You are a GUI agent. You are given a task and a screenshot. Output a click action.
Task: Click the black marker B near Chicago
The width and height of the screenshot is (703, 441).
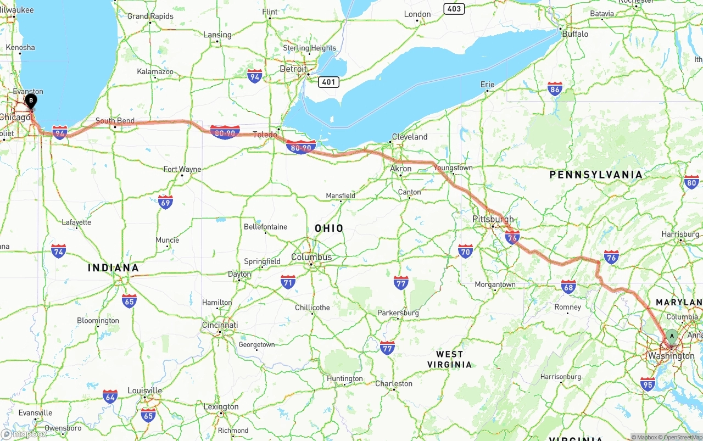(31, 101)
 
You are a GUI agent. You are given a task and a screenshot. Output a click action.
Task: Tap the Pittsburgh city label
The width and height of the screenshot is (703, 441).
(493, 219)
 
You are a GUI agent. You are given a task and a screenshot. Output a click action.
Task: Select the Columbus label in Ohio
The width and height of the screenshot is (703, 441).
(311, 257)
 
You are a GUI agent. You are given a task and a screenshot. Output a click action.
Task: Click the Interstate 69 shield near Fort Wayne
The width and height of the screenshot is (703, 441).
(165, 202)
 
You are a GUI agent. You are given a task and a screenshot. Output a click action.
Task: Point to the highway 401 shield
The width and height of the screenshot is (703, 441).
(328, 82)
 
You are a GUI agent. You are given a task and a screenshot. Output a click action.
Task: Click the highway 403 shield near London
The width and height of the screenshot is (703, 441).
(454, 9)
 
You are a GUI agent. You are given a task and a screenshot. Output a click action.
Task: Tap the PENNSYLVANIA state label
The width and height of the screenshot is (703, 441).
(595, 175)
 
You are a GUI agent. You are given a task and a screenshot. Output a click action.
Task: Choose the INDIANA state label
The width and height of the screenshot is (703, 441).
(113, 268)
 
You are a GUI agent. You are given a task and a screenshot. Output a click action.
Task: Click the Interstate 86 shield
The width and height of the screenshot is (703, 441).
(555, 89)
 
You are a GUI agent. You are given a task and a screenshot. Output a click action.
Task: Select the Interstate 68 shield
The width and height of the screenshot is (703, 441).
(568, 287)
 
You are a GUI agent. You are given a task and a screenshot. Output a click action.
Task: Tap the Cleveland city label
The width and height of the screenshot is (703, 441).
(409, 137)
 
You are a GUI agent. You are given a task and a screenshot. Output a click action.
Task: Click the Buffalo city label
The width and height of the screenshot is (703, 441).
(574, 34)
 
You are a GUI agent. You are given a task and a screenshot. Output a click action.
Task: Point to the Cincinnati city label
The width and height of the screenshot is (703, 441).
(220, 325)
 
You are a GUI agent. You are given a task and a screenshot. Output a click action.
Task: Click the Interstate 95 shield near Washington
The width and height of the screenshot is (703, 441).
(648, 384)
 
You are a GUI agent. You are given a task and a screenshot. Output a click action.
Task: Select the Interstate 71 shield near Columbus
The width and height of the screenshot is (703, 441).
(288, 283)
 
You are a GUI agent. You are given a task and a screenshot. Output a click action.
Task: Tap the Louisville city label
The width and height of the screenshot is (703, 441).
(144, 390)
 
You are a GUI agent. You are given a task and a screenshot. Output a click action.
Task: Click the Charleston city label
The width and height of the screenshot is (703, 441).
(394, 383)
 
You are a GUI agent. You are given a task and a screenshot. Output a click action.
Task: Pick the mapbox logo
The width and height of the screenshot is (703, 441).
(24, 434)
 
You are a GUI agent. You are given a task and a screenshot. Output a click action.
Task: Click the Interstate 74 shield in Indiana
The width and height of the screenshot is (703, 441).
(59, 251)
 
